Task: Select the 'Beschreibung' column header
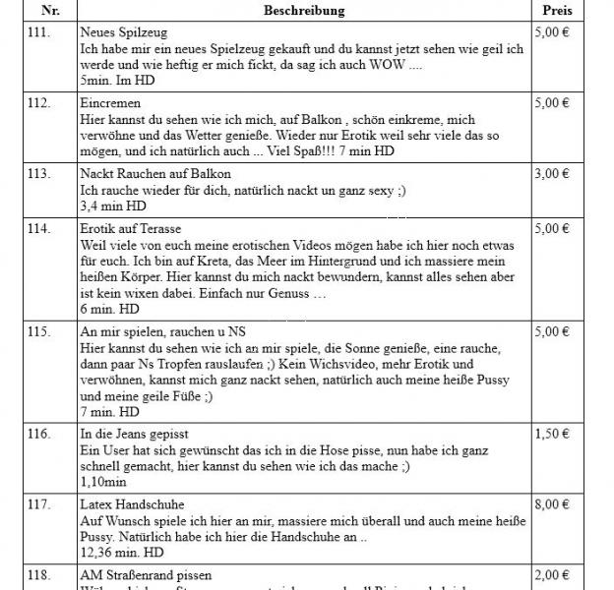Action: coord(303,10)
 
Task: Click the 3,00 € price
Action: coord(551,174)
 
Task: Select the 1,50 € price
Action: coord(551,434)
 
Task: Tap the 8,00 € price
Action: coord(551,504)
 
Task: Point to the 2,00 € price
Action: coord(551,575)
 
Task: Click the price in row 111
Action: coord(551,32)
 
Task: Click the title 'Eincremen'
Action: coord(110,103)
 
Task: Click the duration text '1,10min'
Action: coord(101,483)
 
